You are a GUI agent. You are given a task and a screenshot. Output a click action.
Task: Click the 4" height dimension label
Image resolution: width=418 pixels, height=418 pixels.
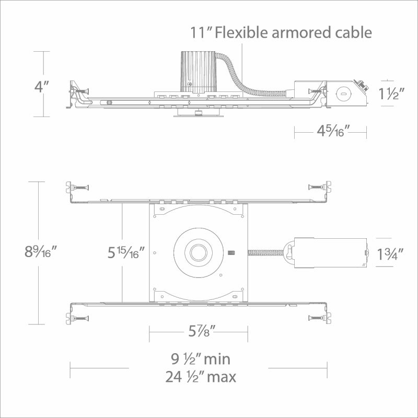coord(42,87)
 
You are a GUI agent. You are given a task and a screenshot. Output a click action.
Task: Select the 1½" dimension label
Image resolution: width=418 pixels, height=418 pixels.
coord(391,93)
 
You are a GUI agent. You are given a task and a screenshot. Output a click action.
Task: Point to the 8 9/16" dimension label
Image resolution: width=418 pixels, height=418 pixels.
coord(41,251)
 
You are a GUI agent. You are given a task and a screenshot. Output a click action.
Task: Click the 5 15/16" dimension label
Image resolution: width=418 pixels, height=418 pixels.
coord(126,252)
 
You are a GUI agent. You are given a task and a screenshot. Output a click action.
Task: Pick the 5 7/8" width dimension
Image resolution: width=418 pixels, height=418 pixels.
coord(202,331)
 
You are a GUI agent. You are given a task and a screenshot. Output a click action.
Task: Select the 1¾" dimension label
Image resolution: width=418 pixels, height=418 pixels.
coord(390,254)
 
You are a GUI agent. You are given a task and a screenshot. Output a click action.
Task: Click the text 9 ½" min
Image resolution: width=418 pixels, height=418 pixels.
coord(201,359)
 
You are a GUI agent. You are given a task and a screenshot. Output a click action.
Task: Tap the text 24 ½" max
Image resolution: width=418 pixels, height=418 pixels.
coord(201,377)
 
